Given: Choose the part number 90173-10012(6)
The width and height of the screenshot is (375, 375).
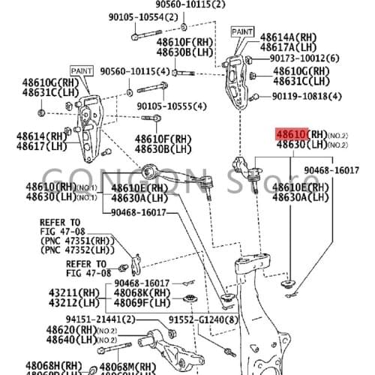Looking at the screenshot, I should tap(305, 58).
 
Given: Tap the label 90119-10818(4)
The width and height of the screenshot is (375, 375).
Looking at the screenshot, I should tap(306, 96).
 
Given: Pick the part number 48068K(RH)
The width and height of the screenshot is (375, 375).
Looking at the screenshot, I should tap(145, 292).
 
